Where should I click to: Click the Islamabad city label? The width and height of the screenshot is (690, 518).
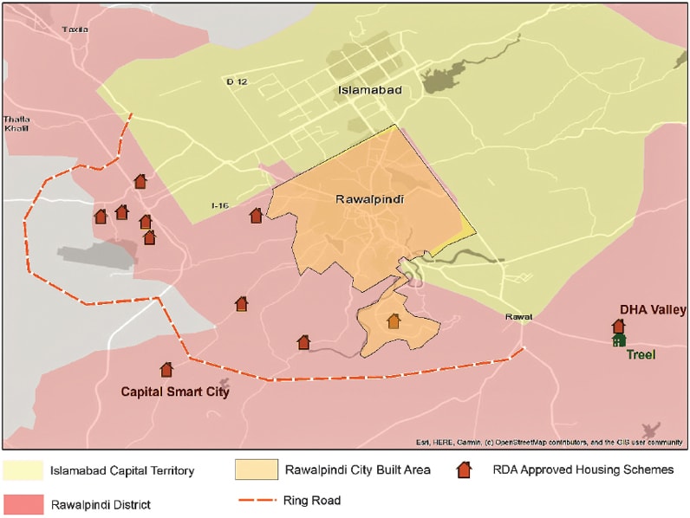[x=369, y=90]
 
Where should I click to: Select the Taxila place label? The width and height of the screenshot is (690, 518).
[x=75, y=29]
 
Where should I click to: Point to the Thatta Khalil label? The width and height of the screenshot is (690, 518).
[x=16, y=124]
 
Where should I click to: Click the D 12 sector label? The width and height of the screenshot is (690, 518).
[x=236, y=81]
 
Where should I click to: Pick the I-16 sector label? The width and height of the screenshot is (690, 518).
[x=220, y=205]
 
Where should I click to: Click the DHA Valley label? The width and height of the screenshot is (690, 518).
[x=653, y=310]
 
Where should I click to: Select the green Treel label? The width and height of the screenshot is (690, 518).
[x=641, y=354]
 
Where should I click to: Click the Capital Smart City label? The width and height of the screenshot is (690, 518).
[x=174, y=392]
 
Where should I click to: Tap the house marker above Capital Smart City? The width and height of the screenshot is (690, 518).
[x=166, y=370]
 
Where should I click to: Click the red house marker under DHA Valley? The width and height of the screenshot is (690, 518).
[x=618, y=326]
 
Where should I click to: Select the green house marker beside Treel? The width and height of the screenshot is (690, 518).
[x=618, y=340]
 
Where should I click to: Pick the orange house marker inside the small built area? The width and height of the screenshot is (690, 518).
[x=394, y=321]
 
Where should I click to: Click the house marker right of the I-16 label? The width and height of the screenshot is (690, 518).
[x=256, y=216]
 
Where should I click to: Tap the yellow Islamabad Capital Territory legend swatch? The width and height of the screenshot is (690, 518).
[x=23, y=471]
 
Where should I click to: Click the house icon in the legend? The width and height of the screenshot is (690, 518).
[x=465, y=470]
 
